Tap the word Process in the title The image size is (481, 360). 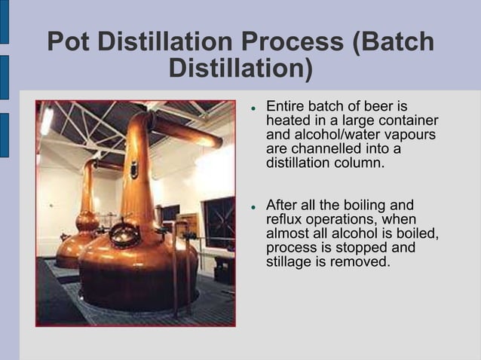click(293, 41)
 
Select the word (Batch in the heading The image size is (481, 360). click(393, 41)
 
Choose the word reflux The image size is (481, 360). click(284, 219)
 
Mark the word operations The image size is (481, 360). click(347, 219)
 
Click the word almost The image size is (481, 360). click(287, 233)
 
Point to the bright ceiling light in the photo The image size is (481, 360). click(47, 121)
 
